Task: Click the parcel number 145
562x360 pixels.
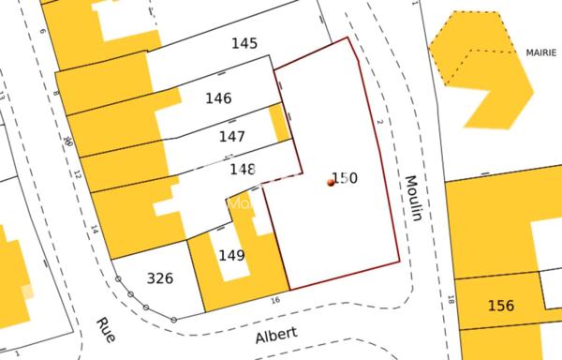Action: point(244,43)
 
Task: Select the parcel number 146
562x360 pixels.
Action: point(218,98)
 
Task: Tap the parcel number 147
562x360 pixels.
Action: point(231,137)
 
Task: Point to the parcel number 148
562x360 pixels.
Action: point(243,170)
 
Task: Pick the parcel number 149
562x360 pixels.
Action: point(231,255)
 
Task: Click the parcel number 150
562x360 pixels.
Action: point(346,177)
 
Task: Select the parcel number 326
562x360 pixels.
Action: point(160,278)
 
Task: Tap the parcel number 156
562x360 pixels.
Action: point(501,306)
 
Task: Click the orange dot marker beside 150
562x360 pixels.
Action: point(331,183)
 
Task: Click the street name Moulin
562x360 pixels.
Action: point(411,198)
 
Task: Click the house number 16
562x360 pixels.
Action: point(274,300)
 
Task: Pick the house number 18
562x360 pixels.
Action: point(451,301)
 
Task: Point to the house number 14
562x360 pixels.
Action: point(94,228)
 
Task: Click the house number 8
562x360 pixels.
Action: point(55,94)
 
